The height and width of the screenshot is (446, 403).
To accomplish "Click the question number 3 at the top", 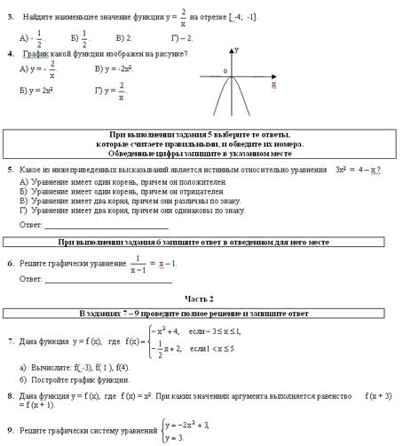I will click(10, 17).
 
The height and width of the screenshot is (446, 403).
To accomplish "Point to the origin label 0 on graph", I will click(225, 70).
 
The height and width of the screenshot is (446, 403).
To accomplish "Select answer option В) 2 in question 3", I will click(123, 39).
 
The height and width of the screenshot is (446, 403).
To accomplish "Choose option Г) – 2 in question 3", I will click(181, 39).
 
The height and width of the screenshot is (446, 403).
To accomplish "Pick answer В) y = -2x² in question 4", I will click(114, 68).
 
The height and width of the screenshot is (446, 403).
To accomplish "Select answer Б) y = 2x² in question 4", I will click(36, 91).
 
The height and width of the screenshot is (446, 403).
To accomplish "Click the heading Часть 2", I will click(199, 299).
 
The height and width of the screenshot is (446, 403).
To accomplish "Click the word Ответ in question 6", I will click(30, 279).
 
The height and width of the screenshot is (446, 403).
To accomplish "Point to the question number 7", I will click(10, 341).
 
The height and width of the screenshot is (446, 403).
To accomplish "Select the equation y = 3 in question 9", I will click(178, 437).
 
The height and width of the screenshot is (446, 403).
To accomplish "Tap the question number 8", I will click(10, 395).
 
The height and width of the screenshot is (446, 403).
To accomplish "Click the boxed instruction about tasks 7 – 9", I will click(199, 314).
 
